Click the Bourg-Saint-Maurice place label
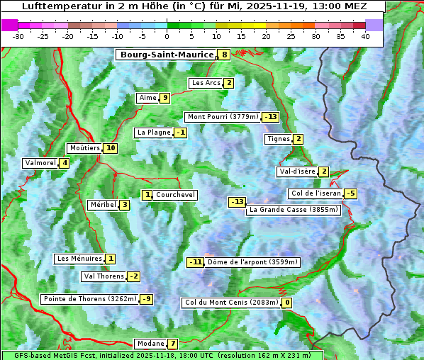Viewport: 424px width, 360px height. click(167, 55)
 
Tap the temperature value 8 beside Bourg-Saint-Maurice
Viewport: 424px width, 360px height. click(224, 55)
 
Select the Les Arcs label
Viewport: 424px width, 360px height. click(206, 83)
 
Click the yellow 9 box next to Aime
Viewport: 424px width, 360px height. click(164, 98)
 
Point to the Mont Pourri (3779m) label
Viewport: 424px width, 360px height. click(222, 117)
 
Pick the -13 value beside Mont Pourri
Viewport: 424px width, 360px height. click(270, 117)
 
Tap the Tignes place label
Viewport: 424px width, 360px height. click(278, 139)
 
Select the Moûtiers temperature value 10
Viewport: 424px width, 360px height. click(110, 148)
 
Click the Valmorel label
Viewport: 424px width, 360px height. click(40, 163)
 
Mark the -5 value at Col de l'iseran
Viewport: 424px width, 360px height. click(350, 193)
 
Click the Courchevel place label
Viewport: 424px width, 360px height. click(175, 195)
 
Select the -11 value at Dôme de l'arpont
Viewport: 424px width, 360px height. click(195, 262)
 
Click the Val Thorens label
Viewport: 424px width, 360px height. click(104, 276)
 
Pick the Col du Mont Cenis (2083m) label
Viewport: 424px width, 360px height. click(231, 303)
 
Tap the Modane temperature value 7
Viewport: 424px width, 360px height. click(172, 344)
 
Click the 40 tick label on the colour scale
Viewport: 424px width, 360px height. click(365, 36)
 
